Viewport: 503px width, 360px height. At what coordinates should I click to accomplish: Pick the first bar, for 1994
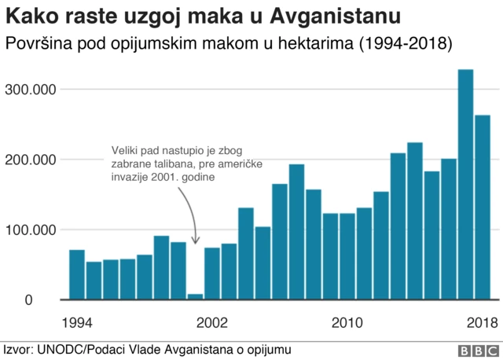[x=76, y=274]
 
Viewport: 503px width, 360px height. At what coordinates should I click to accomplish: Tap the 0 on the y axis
[x=50, y=300]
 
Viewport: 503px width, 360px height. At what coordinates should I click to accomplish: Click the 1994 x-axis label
[x=76, y=322]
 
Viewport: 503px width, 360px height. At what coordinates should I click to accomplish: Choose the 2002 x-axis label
[x=211, y=322]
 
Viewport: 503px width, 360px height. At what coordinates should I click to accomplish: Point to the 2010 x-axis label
[x=347, y=322]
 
